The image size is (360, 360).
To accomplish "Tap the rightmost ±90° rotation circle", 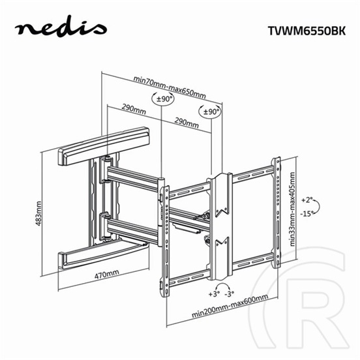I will pyautogui.click(x=211, y=112).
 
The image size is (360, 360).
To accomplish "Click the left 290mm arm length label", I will pyautogui.click(x=134, y=109).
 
